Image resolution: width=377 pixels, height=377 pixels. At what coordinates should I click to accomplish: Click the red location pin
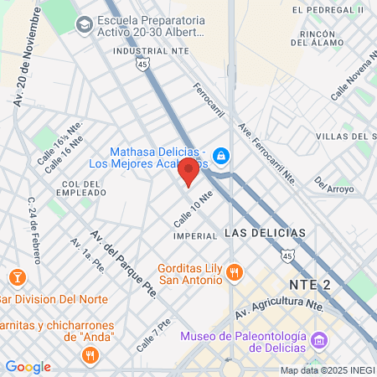pos(188,172)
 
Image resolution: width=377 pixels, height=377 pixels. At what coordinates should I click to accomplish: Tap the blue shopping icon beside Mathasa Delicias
pos(221,155)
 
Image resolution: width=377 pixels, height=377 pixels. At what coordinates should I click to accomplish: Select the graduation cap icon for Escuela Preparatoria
pos(85,25)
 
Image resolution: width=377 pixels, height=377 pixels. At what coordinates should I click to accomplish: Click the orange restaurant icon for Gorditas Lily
pos(235,271)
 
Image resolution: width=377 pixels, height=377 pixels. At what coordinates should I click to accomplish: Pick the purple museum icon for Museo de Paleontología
pos(318,341)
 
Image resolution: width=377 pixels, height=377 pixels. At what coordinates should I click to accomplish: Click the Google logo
pos(28,367)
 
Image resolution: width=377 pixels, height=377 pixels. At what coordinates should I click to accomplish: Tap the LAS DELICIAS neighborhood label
pos(266,231)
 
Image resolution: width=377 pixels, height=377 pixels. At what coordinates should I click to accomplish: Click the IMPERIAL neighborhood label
pos(195,235)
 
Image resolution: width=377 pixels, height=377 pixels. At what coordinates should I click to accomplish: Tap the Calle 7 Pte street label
pos(153,333)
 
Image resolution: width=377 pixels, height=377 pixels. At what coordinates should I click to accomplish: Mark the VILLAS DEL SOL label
pos(343,136)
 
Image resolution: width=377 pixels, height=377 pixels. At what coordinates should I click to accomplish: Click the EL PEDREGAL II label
pos(328,9)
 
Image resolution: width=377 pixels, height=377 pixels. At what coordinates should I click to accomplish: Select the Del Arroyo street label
pos(333,183)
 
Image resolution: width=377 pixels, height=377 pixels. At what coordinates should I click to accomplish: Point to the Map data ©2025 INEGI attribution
pos(328,370)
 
